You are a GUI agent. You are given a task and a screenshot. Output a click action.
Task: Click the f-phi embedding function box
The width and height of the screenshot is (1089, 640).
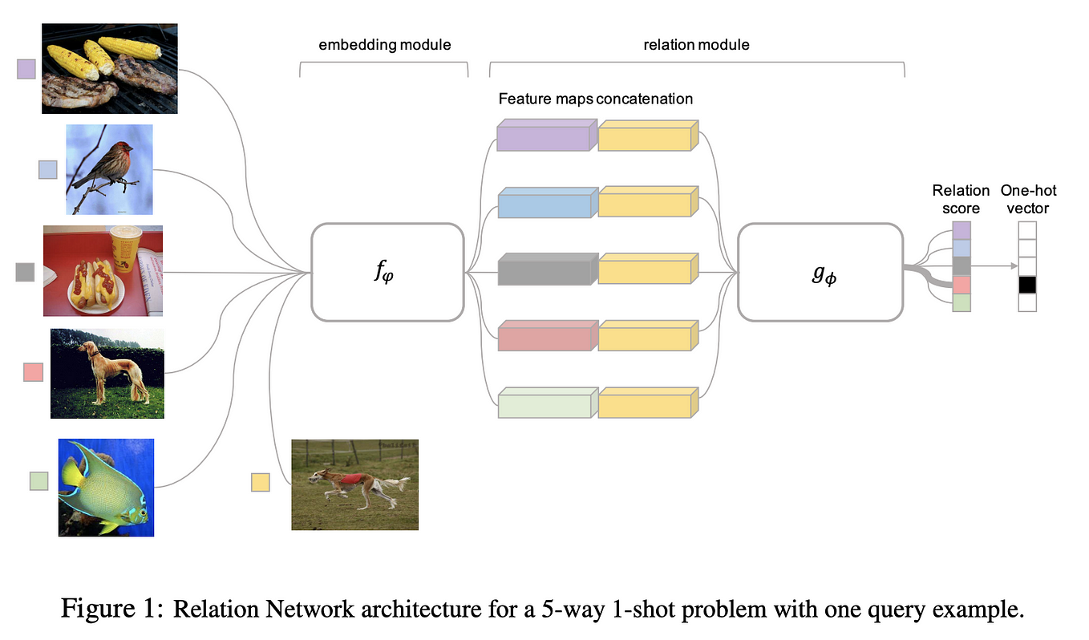[x=387, y=272]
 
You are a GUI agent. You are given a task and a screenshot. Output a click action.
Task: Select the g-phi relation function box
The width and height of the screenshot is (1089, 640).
[x=820, y=272]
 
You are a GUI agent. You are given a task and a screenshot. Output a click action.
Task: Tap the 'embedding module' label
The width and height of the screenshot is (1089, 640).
[x=385, y=45]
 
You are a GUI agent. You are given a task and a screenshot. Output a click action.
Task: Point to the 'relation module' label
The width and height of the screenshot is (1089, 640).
[x=696, y=45]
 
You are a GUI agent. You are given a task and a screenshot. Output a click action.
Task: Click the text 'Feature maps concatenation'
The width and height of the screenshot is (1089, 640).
[x=595, y=99]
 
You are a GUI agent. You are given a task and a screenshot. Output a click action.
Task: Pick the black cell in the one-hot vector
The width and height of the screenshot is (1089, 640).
[x=1027, y=285]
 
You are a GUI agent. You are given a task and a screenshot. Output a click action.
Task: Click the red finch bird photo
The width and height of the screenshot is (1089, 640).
[x=109, y=169]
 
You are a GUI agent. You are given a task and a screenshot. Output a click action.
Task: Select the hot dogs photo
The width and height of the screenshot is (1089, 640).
[x=103, y=270]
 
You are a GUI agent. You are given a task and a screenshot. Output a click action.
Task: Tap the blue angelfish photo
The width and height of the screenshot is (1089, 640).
[x=106, y=487]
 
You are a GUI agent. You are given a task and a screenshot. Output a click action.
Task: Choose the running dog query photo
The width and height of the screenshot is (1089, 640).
[x=354, y=484]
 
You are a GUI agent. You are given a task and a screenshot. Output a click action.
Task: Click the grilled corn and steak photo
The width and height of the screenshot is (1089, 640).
[x=109, y=68]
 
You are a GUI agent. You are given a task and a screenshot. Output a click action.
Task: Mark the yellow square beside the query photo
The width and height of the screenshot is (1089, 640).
[x=260, y=482]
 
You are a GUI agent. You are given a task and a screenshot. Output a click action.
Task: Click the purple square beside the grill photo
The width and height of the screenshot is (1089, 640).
[x=26, y=69]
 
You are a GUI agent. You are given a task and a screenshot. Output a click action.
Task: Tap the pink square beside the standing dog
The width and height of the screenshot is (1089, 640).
[x=33, y=372]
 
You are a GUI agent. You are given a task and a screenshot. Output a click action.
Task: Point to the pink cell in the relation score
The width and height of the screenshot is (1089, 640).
[x=961, y=285]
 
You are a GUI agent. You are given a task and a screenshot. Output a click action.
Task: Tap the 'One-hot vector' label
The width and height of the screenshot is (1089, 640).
[x=1028, y=199]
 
